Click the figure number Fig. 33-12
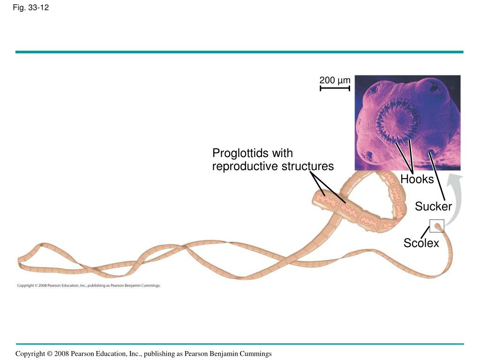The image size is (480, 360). [31, 7]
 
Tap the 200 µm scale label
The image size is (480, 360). [335, 80]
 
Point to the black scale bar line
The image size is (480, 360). [335, 88]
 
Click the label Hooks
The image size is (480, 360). [417, 180]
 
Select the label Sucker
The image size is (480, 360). [433, 206]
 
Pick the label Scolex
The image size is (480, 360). [421, 243]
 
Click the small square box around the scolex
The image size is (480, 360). [437, 226]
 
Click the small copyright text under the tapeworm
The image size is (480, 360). [89, 285]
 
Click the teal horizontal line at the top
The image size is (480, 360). [239, 52]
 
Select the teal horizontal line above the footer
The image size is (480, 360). [239, 344]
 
